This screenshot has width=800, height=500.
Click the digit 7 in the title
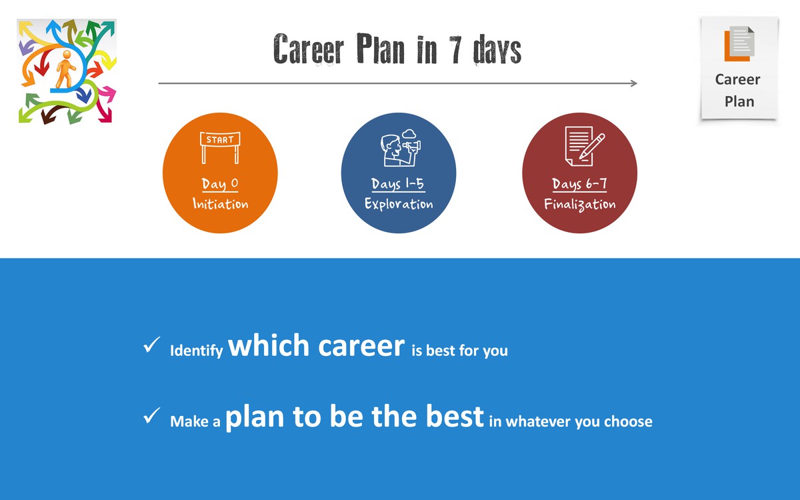(455, 49)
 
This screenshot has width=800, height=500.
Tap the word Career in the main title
(309, 49)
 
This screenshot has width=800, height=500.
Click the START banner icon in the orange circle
(220, 147)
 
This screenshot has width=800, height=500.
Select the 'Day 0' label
(220, 184)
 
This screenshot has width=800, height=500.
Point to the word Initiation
(221, 203)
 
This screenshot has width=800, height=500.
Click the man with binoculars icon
(401, 147)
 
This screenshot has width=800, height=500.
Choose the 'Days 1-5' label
(398, 183)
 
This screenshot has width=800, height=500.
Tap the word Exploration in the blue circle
(399, 204)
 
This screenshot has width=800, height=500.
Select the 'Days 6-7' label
(579, 184)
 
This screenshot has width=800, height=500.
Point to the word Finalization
(579, 204)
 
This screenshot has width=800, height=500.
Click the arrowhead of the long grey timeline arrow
(634, 83)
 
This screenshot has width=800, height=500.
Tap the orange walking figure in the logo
(66, 69)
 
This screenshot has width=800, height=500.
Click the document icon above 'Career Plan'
(739, 43)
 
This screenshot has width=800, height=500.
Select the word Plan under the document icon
(739, 102)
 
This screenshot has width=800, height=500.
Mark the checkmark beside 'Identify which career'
(151, 345)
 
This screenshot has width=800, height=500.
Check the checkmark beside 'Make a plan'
(151, 415)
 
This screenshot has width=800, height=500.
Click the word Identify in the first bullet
(197, 351)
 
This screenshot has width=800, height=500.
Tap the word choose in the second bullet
(628, 421)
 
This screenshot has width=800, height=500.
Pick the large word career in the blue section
(361, 346)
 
